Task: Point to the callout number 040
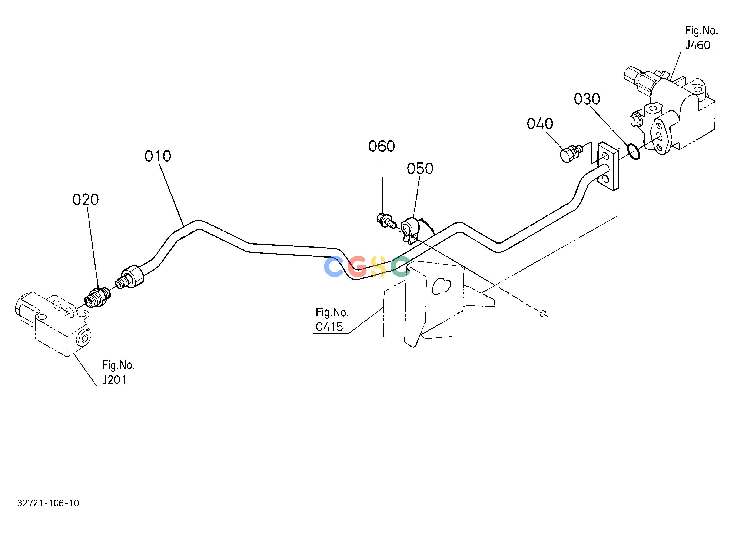[x=540, y=124]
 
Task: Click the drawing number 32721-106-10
[x=48, y=503]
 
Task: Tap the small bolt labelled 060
[x=386, y=220]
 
